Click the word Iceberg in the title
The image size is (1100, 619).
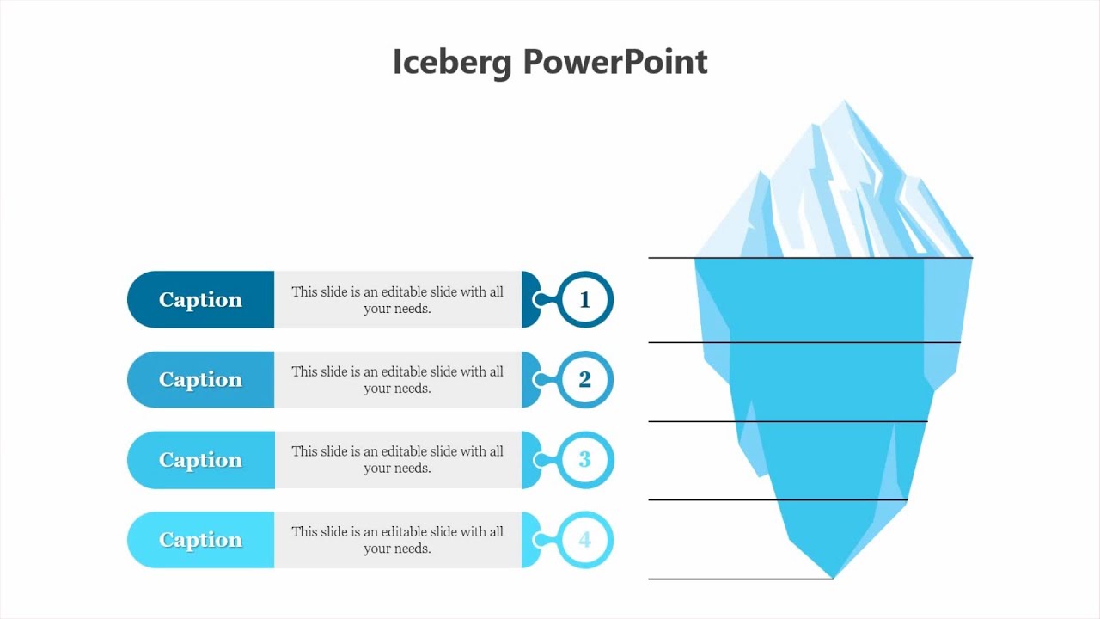[452, 63]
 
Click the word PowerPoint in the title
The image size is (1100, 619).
[615, 63]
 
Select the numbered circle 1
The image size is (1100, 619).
[585, 299]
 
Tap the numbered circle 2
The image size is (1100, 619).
[585, 379]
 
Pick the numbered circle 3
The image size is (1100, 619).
[585, 460]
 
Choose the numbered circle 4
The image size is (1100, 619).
[585, 540]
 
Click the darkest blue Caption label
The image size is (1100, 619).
[200, 299]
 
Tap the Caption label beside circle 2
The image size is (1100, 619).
[200, 379]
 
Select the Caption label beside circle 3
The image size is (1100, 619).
[200, 460]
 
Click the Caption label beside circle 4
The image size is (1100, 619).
[200, 540]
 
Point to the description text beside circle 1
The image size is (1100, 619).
[397, 299]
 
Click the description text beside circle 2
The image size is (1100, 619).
[397, 379]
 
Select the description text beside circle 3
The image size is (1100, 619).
[397, 460]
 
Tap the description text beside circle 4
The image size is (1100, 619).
[397, 540]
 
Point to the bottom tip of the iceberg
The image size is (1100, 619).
[832, 575]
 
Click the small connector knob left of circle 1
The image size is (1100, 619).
[539, 299]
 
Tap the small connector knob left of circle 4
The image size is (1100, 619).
[539, 540]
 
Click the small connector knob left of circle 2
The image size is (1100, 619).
[539, 379]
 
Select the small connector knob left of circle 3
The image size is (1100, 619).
[539, 460]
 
